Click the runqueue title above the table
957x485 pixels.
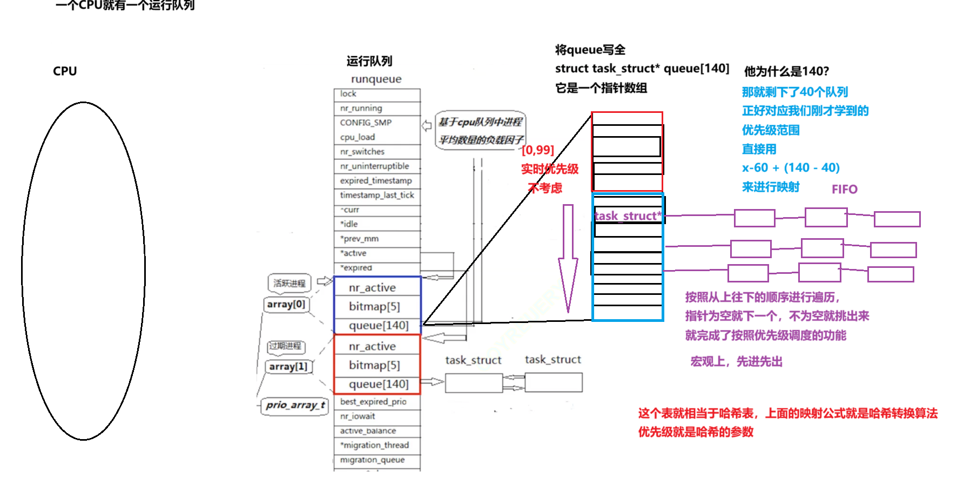click(x=376, y=79)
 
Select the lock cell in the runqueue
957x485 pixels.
click(x=376, y=94)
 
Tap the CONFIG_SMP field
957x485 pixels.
click(x=376, y=123)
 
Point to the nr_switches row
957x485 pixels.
click(x=376, y=152)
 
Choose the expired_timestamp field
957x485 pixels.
click(x=376, y=180)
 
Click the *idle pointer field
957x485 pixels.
click(x=376, y=224)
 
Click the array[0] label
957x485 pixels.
click(x=286, y=305)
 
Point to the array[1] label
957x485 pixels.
click(x=288, y=367)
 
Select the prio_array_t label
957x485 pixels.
click(x=295, y=405)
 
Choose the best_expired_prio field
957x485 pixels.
click(x=376, y=402)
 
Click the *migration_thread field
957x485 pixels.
click(x=376, y=445)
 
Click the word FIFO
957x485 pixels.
click(x=845, y=189)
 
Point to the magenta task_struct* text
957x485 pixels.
click(x=628, y=216)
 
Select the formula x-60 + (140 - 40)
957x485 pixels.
click(x=791, y=167)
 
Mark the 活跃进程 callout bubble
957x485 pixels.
click(x=289, y=283)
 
